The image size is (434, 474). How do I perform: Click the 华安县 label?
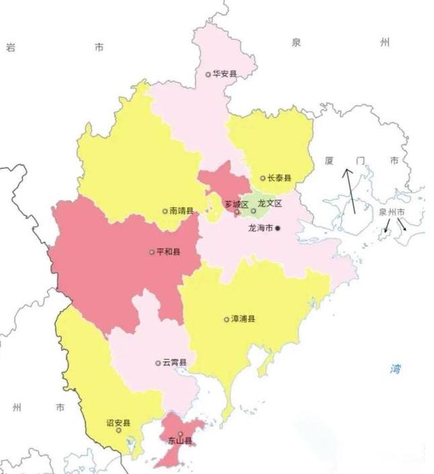225,75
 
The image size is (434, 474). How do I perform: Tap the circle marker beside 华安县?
208,75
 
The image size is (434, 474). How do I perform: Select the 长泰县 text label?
280,179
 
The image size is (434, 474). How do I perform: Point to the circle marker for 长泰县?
263,179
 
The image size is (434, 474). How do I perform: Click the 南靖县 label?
182,211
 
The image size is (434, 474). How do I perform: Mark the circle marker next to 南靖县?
165,211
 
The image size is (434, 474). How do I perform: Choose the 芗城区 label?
237,204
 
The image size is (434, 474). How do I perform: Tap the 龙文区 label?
270,203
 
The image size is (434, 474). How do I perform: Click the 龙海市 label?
260,228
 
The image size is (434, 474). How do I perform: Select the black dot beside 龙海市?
277,228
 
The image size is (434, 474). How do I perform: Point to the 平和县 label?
168,253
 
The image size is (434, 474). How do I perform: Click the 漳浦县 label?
243,319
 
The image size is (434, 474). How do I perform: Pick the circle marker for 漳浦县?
226,319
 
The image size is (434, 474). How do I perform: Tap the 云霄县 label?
174,363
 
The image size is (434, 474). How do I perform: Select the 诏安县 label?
119,423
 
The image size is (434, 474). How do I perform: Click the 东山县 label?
180,441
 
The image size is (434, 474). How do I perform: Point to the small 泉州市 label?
392,212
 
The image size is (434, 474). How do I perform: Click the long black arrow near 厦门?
351,191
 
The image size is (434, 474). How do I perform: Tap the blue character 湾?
396,369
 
